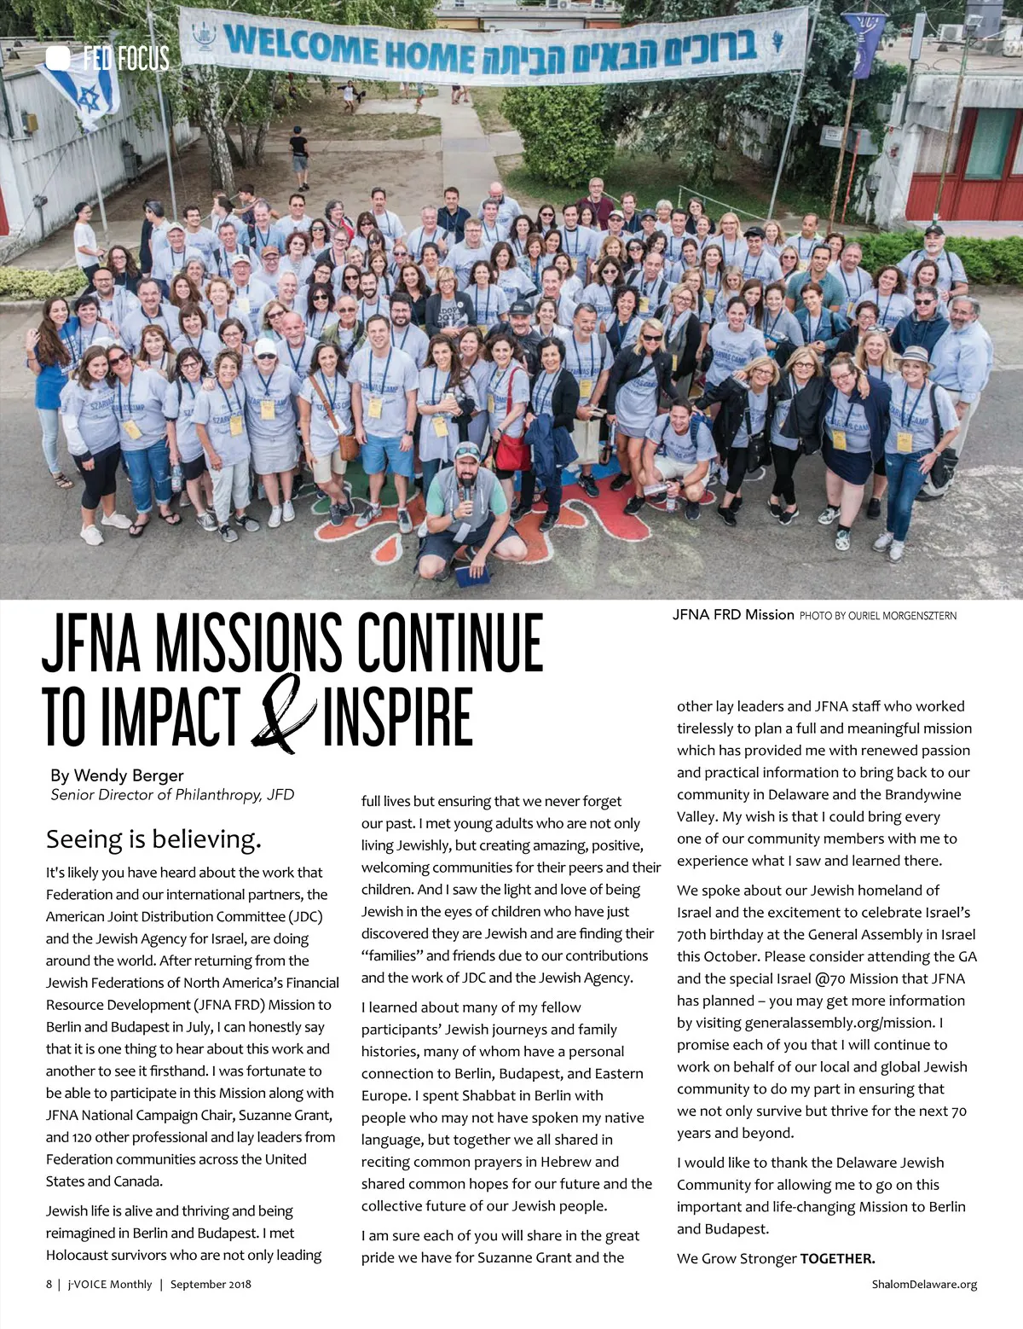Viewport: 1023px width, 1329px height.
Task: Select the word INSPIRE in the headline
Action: click(x=397, y=717)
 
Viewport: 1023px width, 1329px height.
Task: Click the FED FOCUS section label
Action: click(x=125, y=59)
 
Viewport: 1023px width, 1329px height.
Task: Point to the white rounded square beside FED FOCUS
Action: click(x=58, y=58)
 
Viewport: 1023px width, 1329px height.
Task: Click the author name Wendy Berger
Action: click(x=129, y=775)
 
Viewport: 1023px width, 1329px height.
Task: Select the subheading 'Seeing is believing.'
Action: click(x=153, y=839)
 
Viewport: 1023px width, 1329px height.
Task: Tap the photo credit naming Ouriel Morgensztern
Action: click(x=878, y=615)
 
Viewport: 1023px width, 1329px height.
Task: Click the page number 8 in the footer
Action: click(x=49, y=1284)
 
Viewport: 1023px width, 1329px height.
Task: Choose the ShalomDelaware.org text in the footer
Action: click(x=924, y=1284)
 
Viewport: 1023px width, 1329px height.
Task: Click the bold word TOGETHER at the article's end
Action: click(x=837, y=1258)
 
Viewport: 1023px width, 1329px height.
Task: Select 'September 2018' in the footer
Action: click(x=211, y=1284)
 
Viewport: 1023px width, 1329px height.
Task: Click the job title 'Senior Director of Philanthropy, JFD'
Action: click(x=172, y=795)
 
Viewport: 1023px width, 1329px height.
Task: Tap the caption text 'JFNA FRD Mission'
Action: click(x=733, y=614)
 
